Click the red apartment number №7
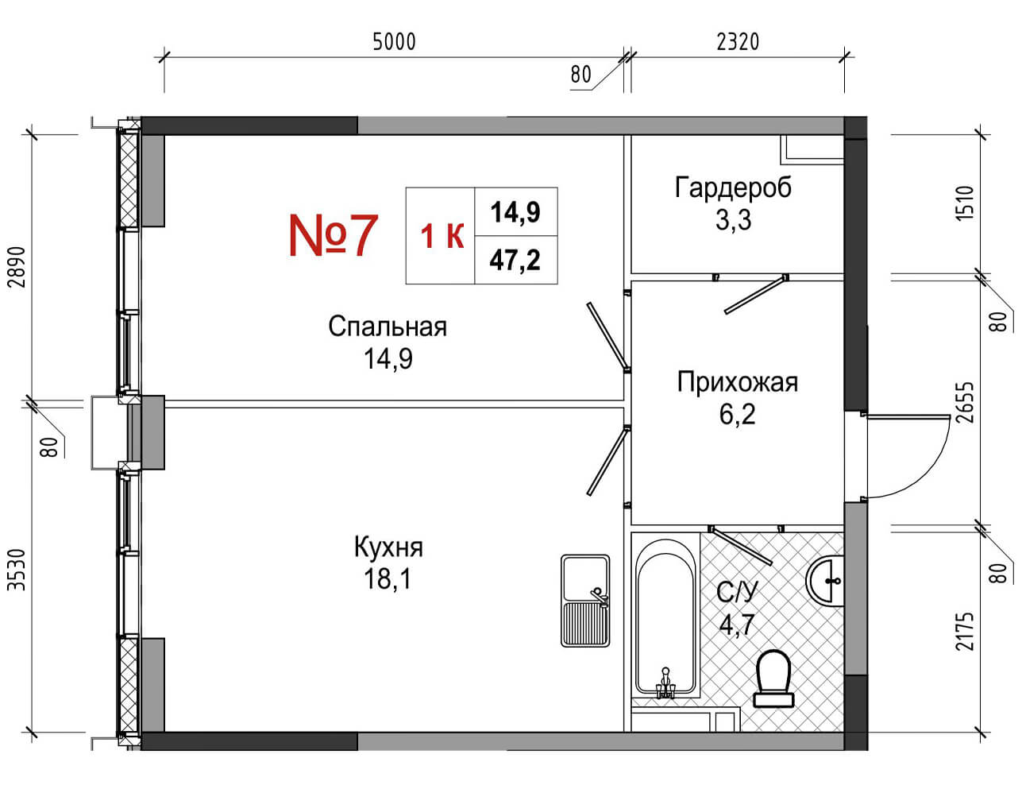(x=334, y=235)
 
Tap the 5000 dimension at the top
(x=394, y=42)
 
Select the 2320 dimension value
(x=738, y=42)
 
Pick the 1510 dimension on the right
(x=964, y=203)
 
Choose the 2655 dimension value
(x=964, y=402)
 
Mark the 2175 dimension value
(x=964, y=631)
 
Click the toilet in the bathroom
(x=773, y=677)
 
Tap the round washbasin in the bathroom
(x=824, y=580)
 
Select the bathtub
(x=665, y=620)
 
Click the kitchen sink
(x=585, y=600)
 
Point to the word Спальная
(x=388, y=327)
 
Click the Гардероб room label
(x=733, y=188)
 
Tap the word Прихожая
(x=738, y=382)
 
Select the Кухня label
(x=388, y=547)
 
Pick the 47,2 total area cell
(x=515, y=260)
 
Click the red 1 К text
(x=442, y=236)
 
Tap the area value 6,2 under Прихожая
(x=737, y=415)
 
